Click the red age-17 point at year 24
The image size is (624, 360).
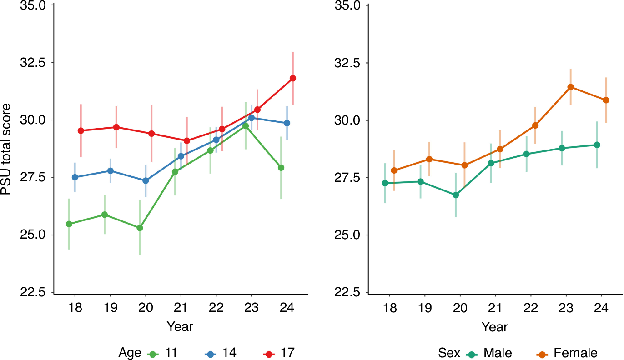[x=293, y=78]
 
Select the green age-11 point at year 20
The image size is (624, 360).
[x=140, y=228]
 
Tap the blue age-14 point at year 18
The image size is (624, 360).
[x=75, y=177]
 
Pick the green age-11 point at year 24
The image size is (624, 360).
[x=281, y=168]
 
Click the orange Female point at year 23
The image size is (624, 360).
[x=571, y=87]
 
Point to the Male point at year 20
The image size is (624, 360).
[x=455, y=195]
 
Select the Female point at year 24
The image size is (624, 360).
[x=606, y=100]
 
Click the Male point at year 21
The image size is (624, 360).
[x=491, y=163]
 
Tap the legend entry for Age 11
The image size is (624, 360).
[x=162, y=353]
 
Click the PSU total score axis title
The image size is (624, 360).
[x=6, y=149]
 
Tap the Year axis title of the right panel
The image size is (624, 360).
[x=494, y=327]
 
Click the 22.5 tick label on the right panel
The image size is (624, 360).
[x=347, y=292]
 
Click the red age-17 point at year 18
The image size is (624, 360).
[x=81, y=130]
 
